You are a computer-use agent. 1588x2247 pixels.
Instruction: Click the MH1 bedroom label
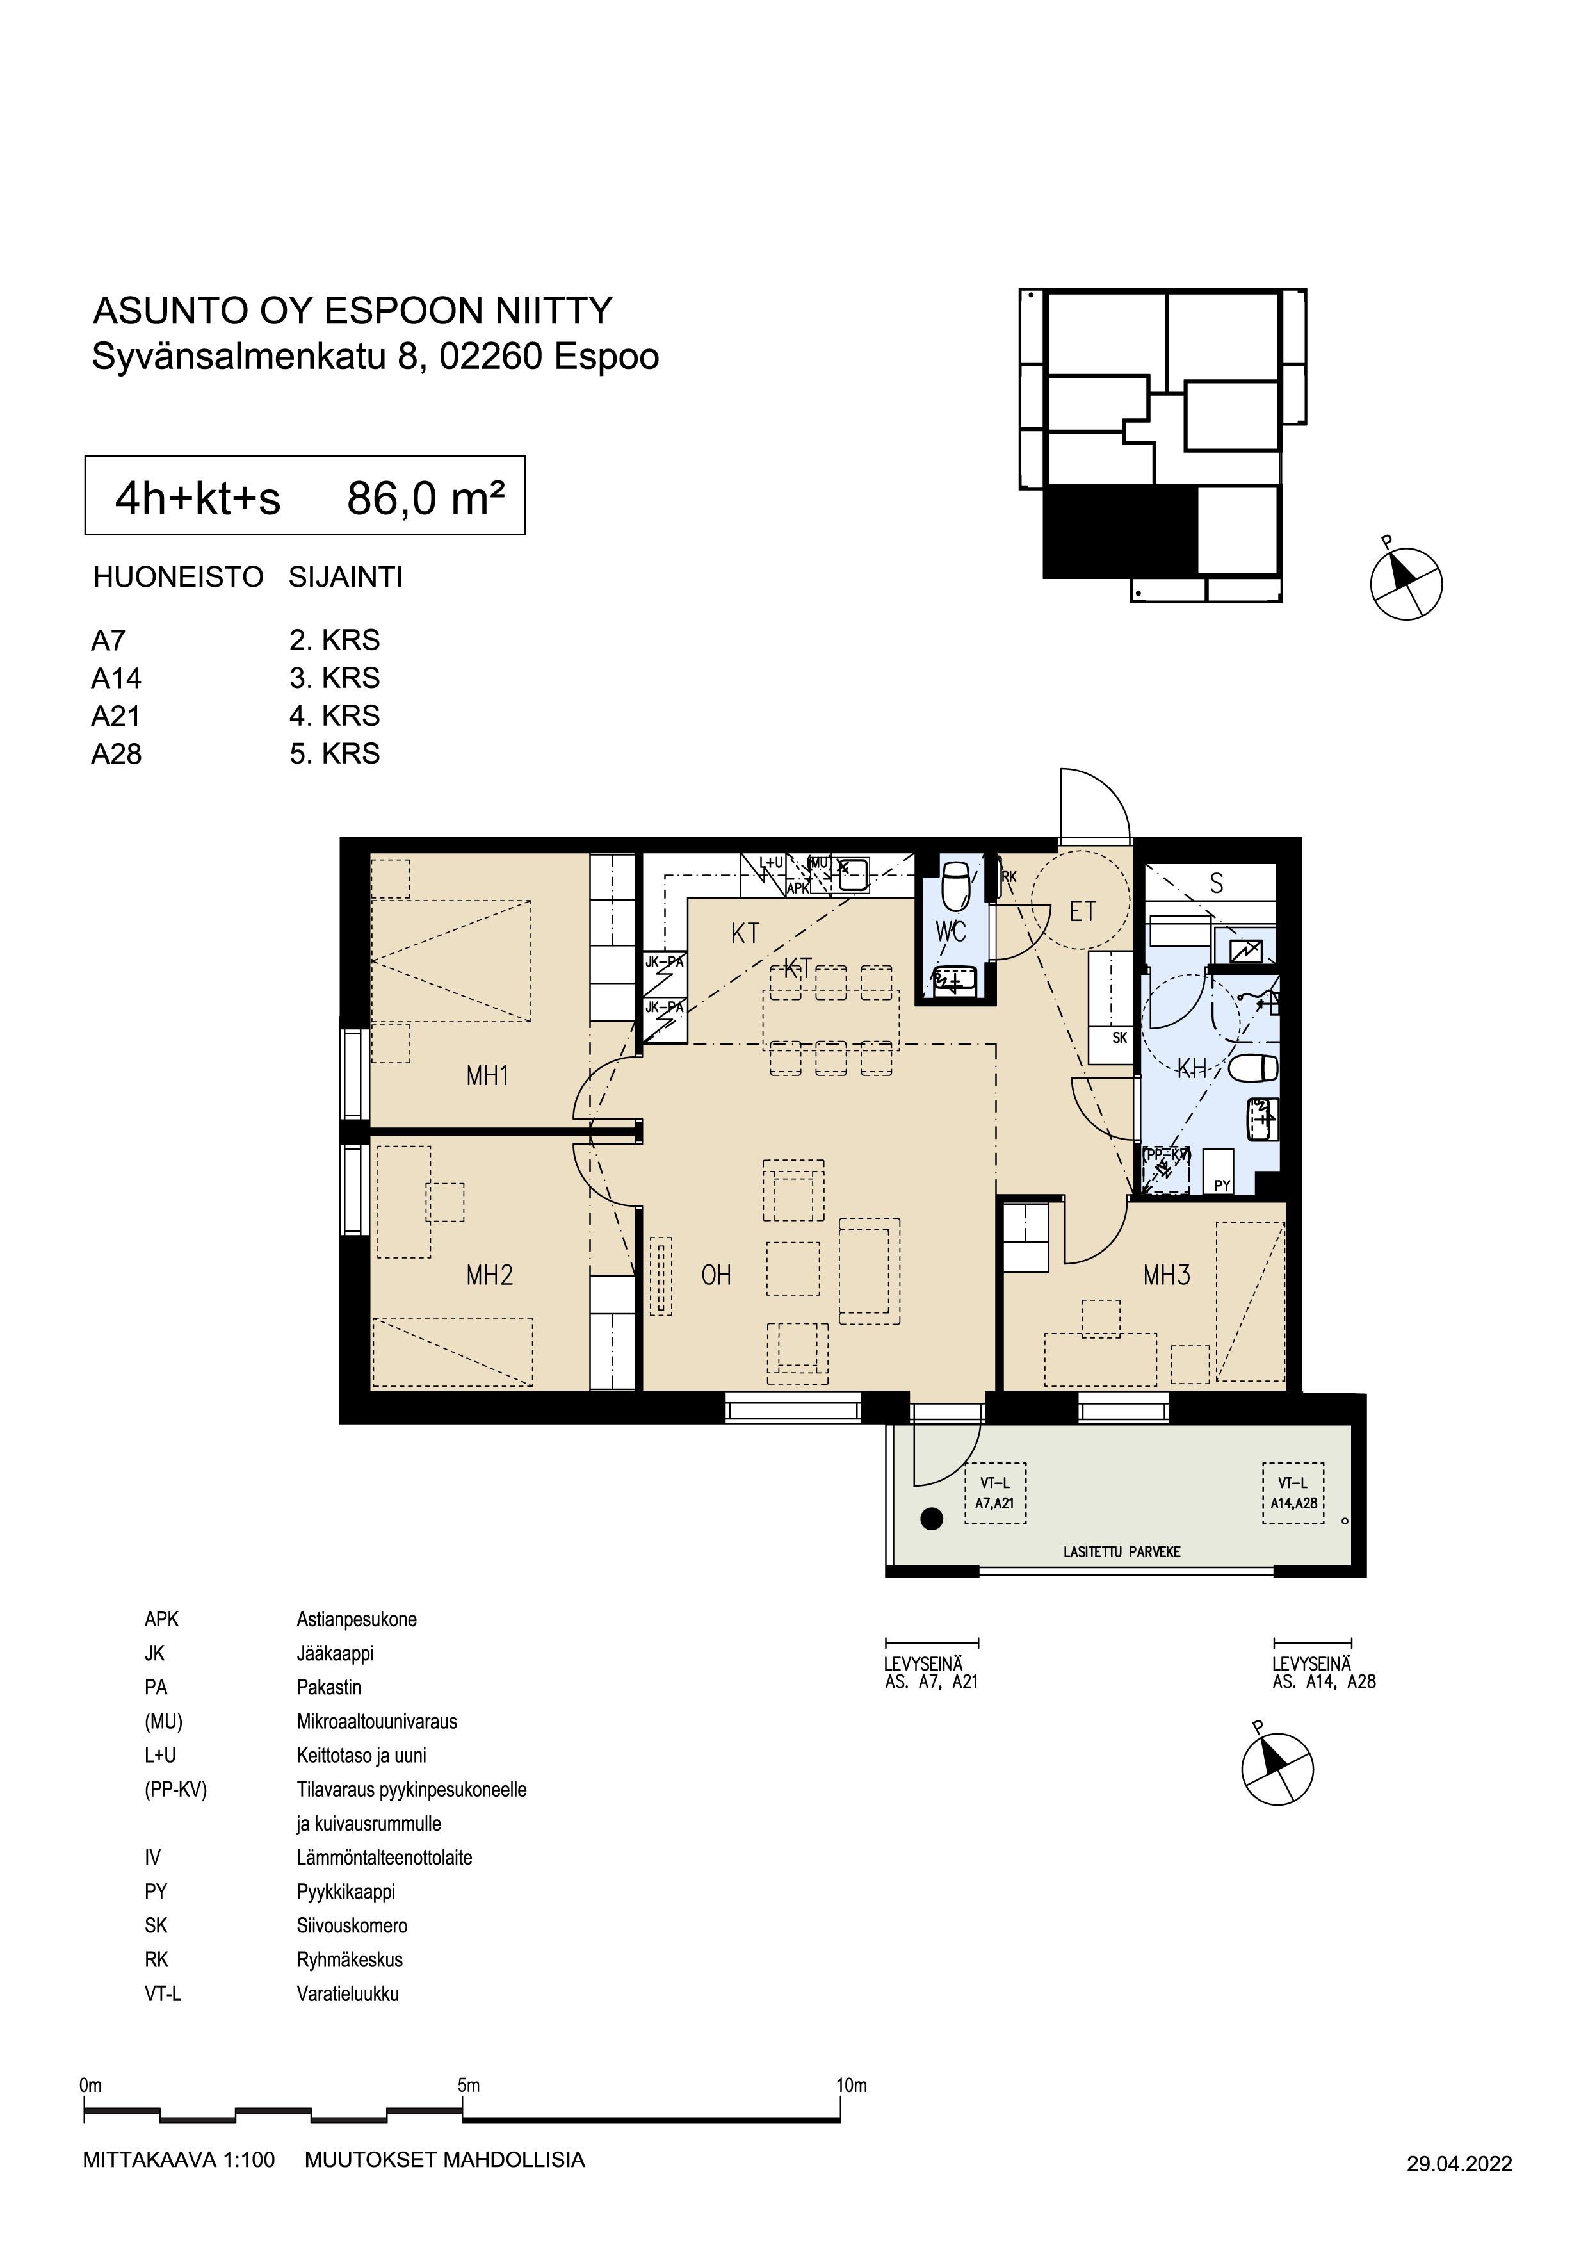[x=487, y=1077]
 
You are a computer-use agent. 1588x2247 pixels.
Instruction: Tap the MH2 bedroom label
[x=489, y=1275]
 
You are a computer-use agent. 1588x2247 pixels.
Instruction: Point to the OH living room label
[x=717, y=1275]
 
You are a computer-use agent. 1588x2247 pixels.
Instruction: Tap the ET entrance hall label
[x=1082, y=912]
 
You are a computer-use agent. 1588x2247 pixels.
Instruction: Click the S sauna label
[x=1216, y=884]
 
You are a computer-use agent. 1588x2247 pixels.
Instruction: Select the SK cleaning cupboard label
[x=1119, y=1038]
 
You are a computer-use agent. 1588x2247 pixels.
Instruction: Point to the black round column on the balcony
[x=932, y=1519]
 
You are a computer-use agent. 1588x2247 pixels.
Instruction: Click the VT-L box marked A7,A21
[x=995, y=1494]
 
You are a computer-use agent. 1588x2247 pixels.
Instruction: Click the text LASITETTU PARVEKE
[x=1122, y=1552]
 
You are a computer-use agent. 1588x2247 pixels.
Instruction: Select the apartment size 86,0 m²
[x=426, y=499]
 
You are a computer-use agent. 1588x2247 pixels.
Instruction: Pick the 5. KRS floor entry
[x=335, y=753]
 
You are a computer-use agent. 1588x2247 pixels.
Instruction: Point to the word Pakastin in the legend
[x=328, y=1687]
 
